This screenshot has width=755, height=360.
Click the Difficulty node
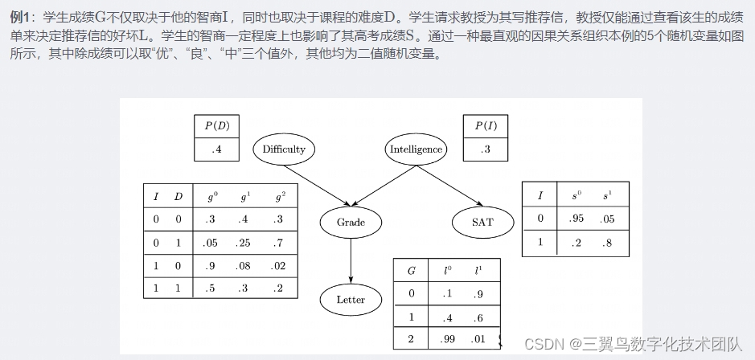(284, 149)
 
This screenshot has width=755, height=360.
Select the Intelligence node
(416, 149)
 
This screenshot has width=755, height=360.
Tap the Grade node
(351, 222)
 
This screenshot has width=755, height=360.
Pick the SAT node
(482, 222)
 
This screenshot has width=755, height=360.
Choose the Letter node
(351, 300)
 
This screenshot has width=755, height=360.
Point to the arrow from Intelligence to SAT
(450, 186)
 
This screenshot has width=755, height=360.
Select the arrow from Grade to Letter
(351, 260)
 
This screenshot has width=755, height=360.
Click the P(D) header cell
(216, 125)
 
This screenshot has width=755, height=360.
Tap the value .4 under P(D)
(216, 149)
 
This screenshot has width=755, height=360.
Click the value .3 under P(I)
(486, 149)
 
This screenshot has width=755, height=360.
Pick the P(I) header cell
(486, 125)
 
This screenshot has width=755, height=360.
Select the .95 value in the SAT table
(574, 218)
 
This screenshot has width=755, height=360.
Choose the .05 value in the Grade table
(211, 242)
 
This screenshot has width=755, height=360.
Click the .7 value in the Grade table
(278, 242)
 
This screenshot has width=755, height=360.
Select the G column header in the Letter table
(412, 271)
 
